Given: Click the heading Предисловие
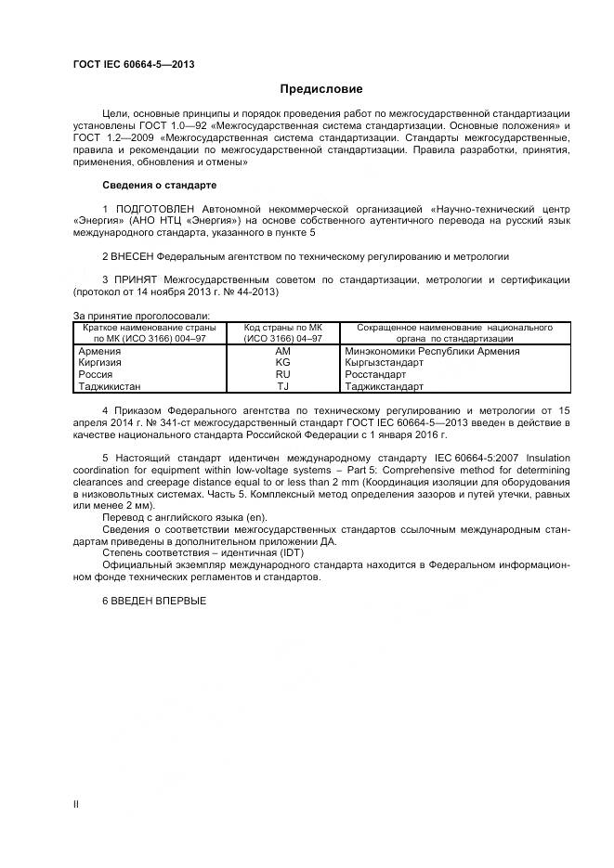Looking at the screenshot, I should click(320, 89).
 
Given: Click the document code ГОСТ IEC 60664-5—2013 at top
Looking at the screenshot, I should click(133, 64).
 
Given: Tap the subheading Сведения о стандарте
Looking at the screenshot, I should click(159, 185).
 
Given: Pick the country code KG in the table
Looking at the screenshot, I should click(283, 363).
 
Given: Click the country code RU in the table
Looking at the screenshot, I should click(283, 374).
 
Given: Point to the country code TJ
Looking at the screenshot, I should click(283, 386).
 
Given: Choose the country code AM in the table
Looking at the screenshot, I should click(283, 352).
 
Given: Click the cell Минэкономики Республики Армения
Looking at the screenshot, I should click(444, 352).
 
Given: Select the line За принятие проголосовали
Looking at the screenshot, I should click(140, 317).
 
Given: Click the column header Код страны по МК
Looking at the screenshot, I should click(283, 328).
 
